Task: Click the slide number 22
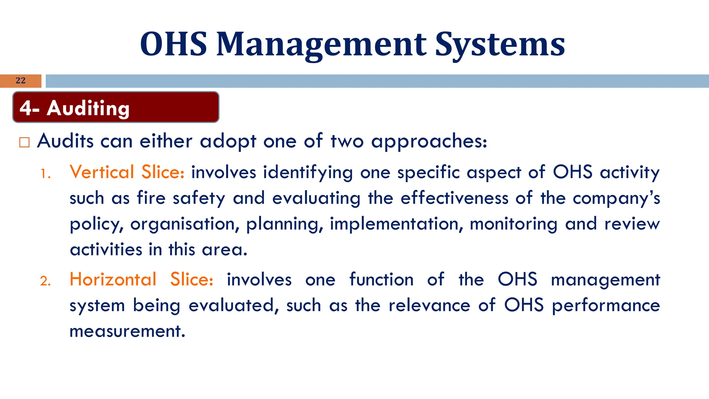tap(20, 81)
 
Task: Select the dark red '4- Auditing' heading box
tap(116, 107)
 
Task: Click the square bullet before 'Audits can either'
tap(24, 142)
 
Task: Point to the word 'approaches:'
tap(429, 142)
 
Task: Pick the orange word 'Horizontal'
tap(113, 280)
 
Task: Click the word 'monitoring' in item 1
tap(513, 224)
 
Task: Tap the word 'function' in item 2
tap(381, 280)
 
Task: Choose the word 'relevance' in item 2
tap(429, 305)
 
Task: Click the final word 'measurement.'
tap(127, 331)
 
